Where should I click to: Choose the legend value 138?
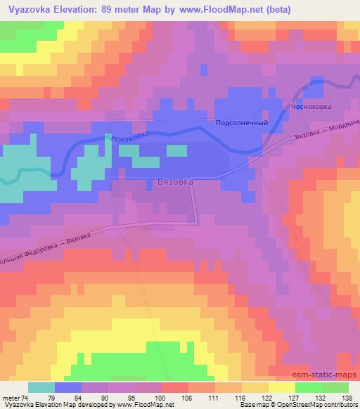[x=347, y=398]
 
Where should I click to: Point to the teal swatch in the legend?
[x=41, y=387]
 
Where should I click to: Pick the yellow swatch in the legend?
[x=282, y=387]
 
